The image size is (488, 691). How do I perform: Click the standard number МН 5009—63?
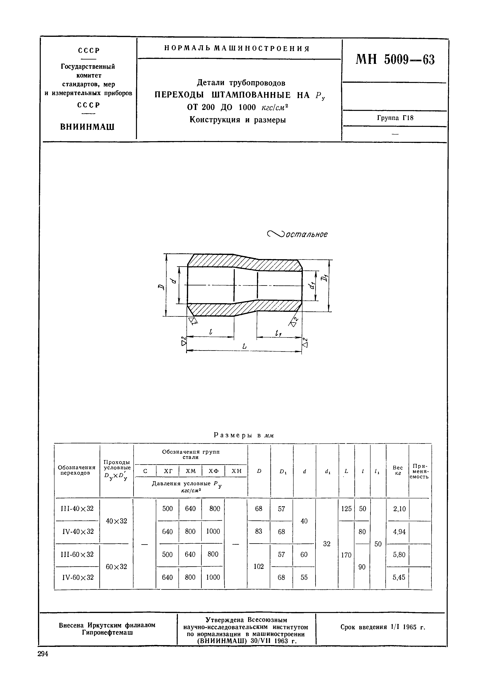(x=395, y=60)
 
